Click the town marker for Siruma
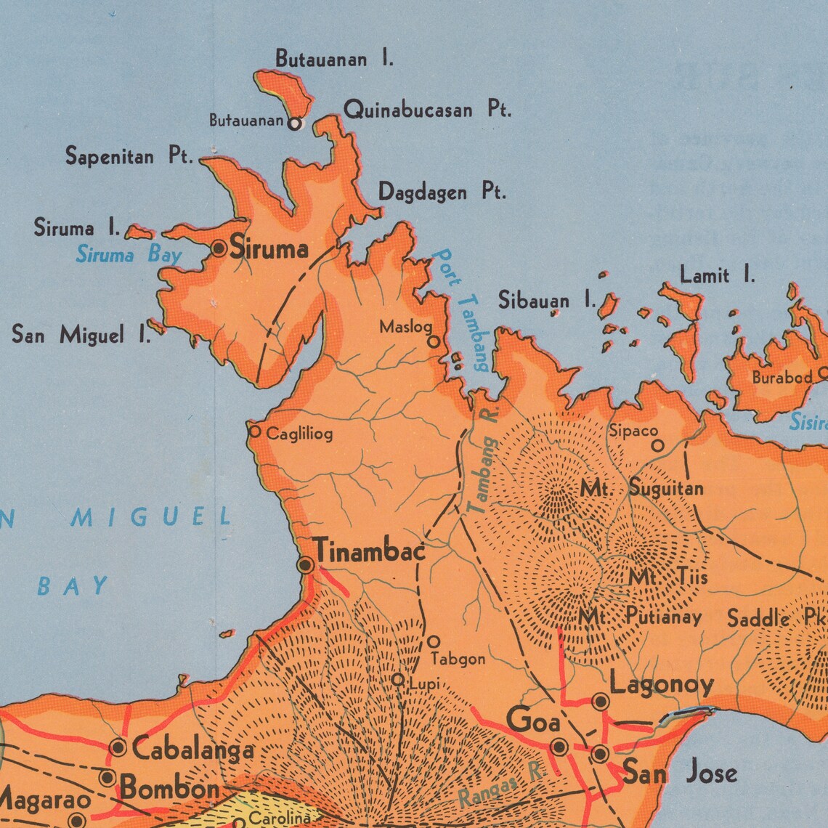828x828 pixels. [219, 249]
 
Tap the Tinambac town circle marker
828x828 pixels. [306, 565]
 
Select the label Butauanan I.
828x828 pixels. [334, 59]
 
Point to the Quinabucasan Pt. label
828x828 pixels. [427, 110]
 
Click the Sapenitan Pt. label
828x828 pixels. [129, 156]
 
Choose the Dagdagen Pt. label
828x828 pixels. [442, 192]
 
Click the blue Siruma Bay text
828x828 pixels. [129, 255]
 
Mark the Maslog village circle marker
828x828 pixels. [433, 341]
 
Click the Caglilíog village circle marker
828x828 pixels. [255, 431]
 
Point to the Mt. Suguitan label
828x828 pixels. [641, 489]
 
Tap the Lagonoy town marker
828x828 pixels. [600, 702]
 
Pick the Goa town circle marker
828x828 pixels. [559, 747]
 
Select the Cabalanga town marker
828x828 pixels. [118, 747]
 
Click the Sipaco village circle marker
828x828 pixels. [657, 446]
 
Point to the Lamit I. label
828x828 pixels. [717, 275]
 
